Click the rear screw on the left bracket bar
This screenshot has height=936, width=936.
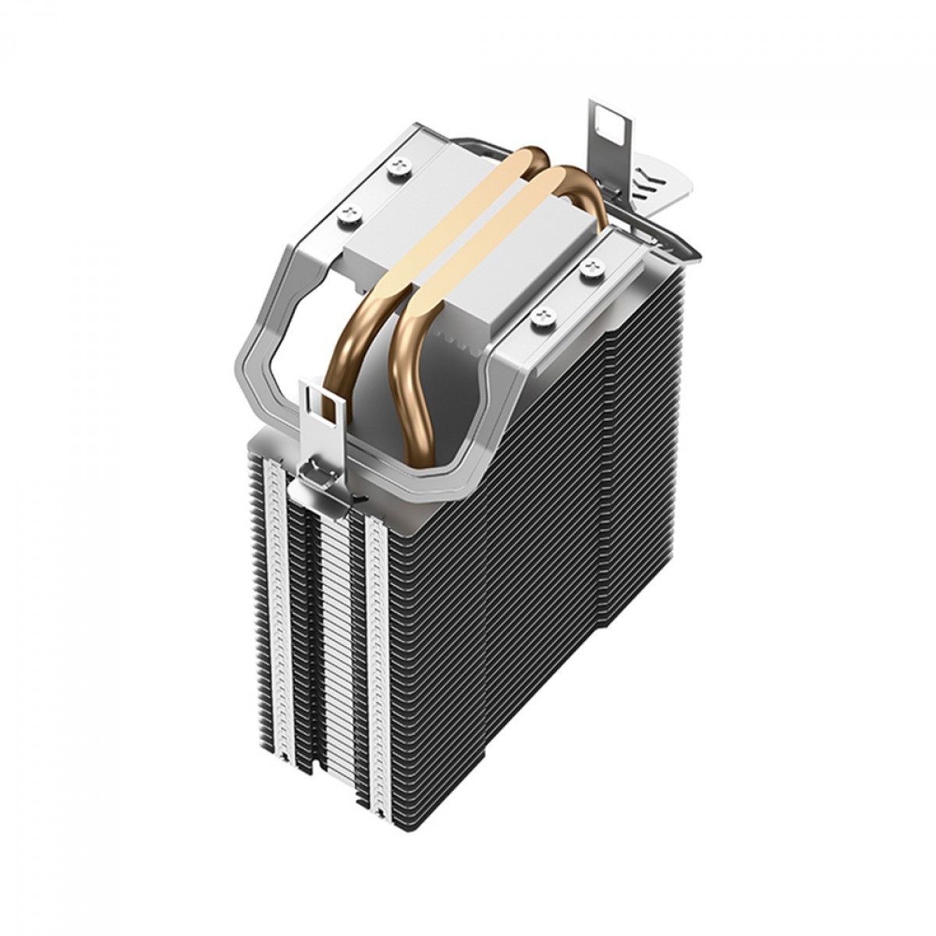[x=403, y=164]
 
